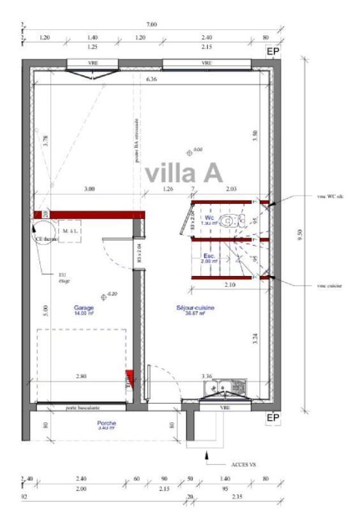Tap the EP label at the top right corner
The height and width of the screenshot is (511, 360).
273,52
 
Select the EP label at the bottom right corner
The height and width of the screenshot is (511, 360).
273,418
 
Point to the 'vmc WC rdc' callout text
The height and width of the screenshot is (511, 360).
330,196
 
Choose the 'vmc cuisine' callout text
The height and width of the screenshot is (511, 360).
329,286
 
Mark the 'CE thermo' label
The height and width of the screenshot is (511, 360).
46,240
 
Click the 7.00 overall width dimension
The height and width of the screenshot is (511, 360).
151,24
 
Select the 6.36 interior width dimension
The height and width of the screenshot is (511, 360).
151,79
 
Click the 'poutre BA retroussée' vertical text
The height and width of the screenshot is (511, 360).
137,141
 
